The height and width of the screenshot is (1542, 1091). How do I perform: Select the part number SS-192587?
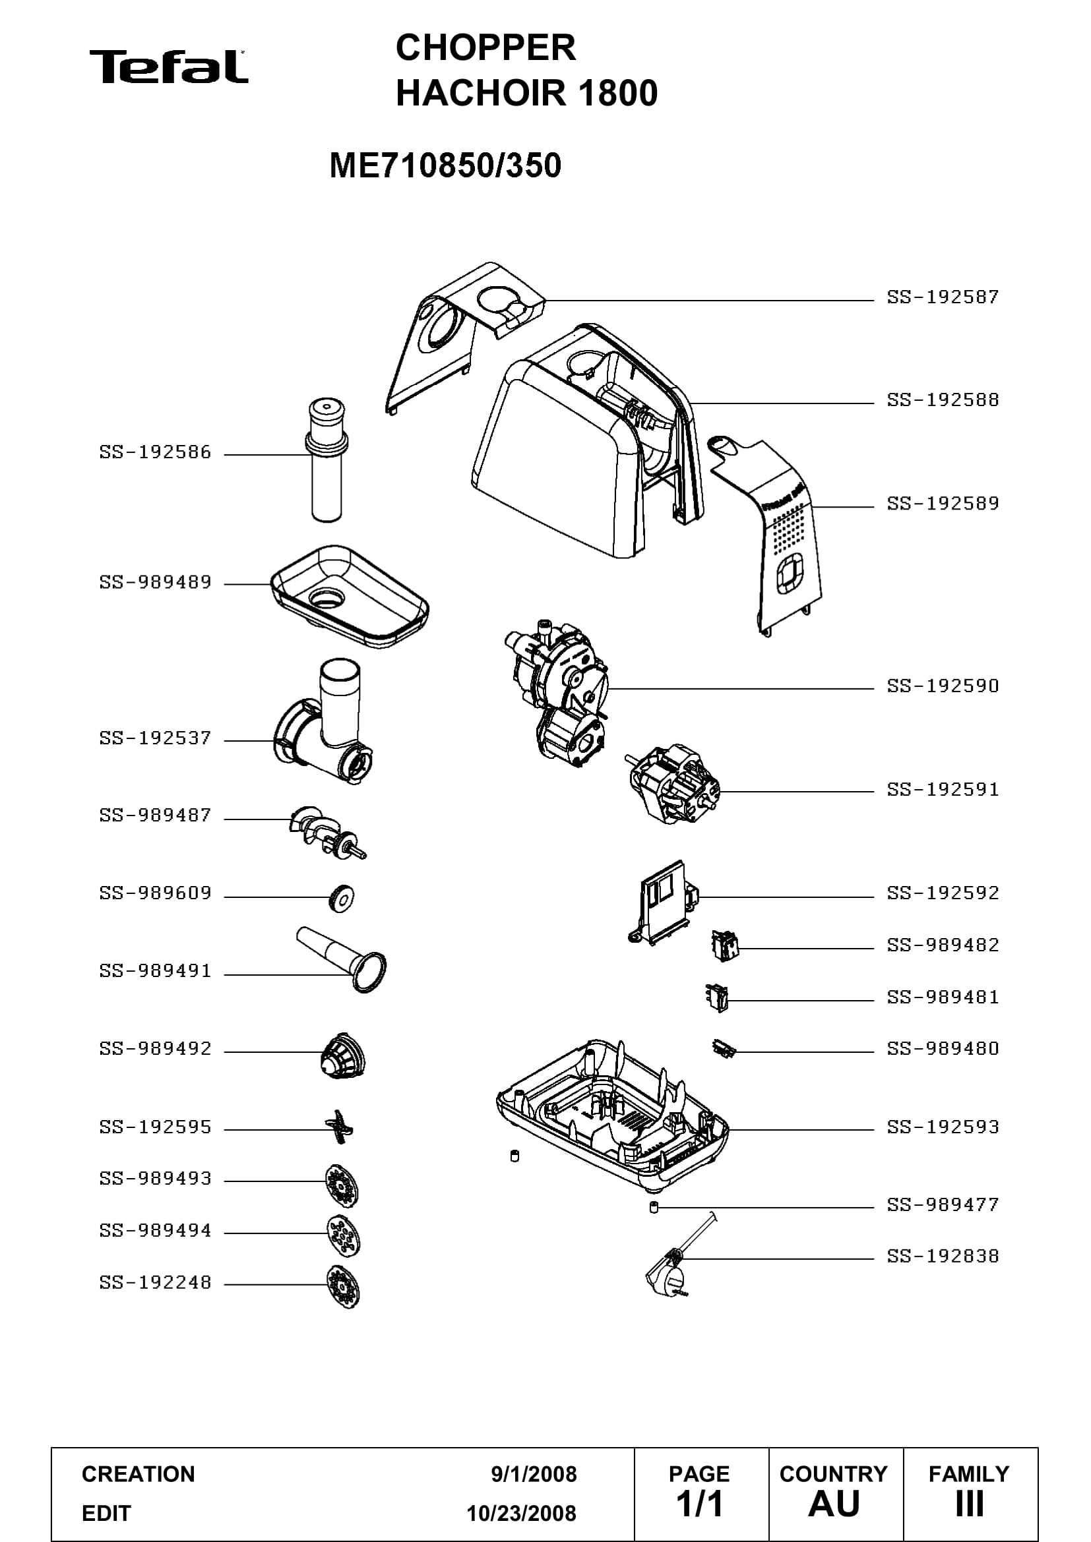point(943,297)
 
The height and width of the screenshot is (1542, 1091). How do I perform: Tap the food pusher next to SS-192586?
point(327,460)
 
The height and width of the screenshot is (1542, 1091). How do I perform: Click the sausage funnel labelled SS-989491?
point(342,959)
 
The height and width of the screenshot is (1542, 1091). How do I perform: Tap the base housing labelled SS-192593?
point(613,1118)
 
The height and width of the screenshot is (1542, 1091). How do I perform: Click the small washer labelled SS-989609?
point(342,897)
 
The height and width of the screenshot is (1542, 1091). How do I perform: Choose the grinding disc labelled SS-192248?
point(343,1287)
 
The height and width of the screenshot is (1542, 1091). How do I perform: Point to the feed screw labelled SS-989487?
point(327,833)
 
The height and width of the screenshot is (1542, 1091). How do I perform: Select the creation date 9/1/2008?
point(534,1474)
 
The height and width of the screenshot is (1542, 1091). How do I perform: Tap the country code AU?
point(834,1504)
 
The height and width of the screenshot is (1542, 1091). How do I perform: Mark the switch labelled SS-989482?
point(726,946)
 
